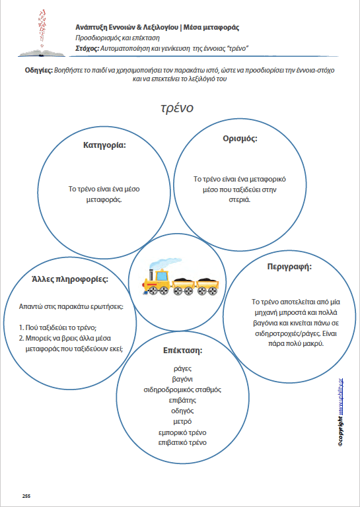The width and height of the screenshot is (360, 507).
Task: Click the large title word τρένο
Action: (176, 108)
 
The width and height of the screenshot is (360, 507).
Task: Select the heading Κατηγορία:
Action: (104, 145)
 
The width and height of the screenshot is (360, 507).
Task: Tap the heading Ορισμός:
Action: (240, 139)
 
